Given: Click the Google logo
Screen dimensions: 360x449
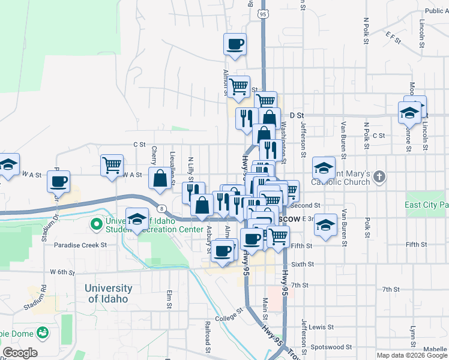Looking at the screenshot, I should [20, 353].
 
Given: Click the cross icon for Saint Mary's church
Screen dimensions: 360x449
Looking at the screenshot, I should [378, 177].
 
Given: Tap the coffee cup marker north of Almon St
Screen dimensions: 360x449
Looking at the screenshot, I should [235, 43].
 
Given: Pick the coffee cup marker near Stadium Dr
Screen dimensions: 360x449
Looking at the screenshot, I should [59, 181].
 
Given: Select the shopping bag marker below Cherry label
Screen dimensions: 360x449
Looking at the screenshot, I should [160, 178].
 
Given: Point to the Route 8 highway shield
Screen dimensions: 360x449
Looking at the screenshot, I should [162, 208].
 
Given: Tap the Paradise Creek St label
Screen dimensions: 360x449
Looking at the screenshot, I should [80, 245].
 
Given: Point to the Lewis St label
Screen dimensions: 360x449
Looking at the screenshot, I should [322, 327].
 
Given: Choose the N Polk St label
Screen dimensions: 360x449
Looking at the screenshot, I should [366, 30].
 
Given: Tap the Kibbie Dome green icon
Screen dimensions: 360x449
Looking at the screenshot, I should [43, 331].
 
